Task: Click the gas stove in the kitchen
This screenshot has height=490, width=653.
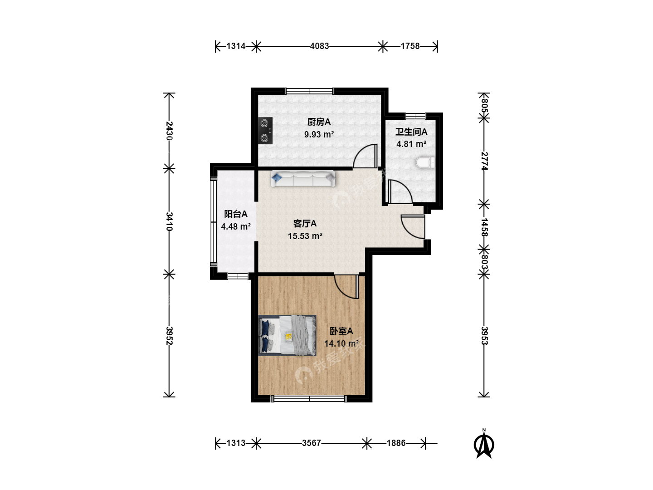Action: pos(265,131)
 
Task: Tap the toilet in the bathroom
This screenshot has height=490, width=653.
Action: pos(425,163)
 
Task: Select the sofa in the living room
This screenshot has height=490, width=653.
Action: pos(303,179)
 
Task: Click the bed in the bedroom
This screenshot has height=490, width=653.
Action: pos(287,335)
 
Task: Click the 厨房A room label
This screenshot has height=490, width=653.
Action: pos(319,122)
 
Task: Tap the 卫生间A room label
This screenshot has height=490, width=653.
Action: pos(411,132)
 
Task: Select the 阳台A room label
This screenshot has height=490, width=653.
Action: pos(236,214)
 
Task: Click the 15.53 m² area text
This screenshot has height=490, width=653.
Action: pos(305,236)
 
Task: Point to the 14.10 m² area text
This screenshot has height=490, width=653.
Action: pos(341,343)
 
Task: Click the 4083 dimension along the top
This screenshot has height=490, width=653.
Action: pos(320,46)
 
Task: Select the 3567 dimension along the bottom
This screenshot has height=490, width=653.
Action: pos(312,443)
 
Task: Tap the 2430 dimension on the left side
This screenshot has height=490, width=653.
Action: pos(169,131)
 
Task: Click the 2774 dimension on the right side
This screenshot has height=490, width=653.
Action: pos(484,161)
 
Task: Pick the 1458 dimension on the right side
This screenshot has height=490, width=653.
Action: pos(484,227)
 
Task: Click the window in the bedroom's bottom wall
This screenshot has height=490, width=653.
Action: pos(309,399)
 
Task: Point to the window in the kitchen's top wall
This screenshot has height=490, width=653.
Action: pos(309,91)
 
